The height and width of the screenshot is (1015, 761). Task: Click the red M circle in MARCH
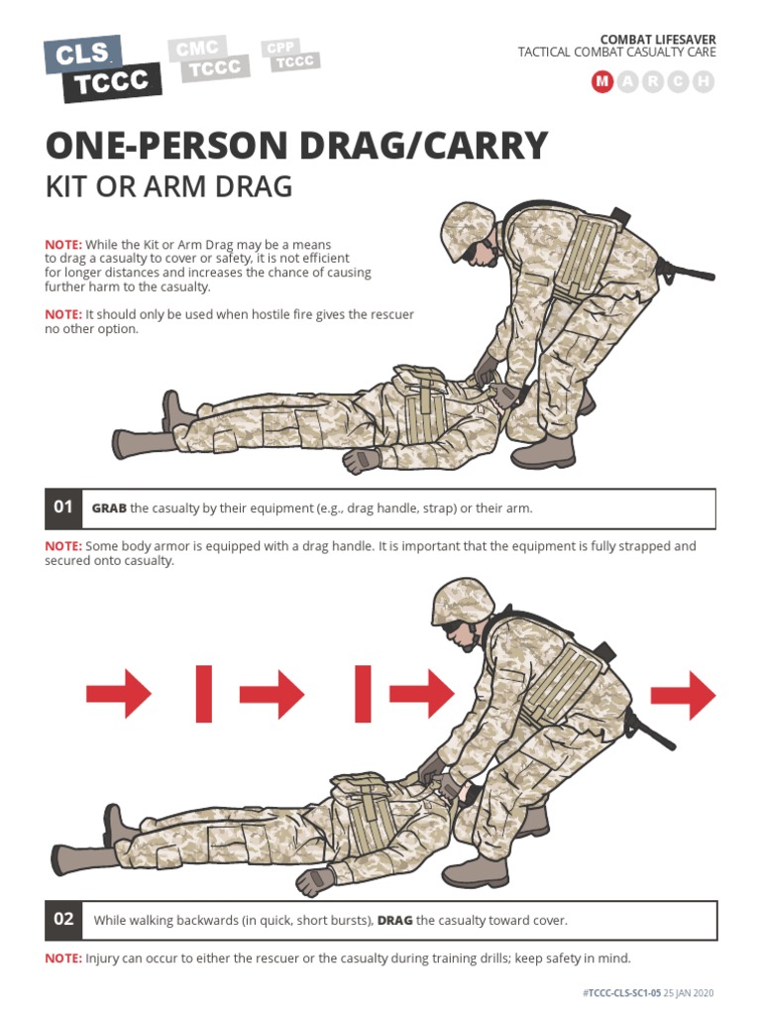[601, 82]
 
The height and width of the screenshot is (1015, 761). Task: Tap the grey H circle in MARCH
[704, 82]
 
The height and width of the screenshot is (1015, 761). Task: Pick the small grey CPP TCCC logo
[290, 55]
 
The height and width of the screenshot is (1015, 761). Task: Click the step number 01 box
[63, 508]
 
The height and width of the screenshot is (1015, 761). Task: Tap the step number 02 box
[63, 920]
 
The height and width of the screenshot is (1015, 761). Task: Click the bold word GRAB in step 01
[109, 508]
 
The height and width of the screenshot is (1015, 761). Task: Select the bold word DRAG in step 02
[394, 921]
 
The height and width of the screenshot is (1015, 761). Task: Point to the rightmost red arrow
[684, 695]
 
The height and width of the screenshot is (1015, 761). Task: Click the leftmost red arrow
[118, 695]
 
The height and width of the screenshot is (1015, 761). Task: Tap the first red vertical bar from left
[204, 694]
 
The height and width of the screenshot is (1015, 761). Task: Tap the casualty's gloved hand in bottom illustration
[315, 880]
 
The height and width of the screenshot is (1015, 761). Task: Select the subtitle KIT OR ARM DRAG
[168, 186]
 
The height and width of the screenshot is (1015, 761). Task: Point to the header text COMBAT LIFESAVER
[658, 39]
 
